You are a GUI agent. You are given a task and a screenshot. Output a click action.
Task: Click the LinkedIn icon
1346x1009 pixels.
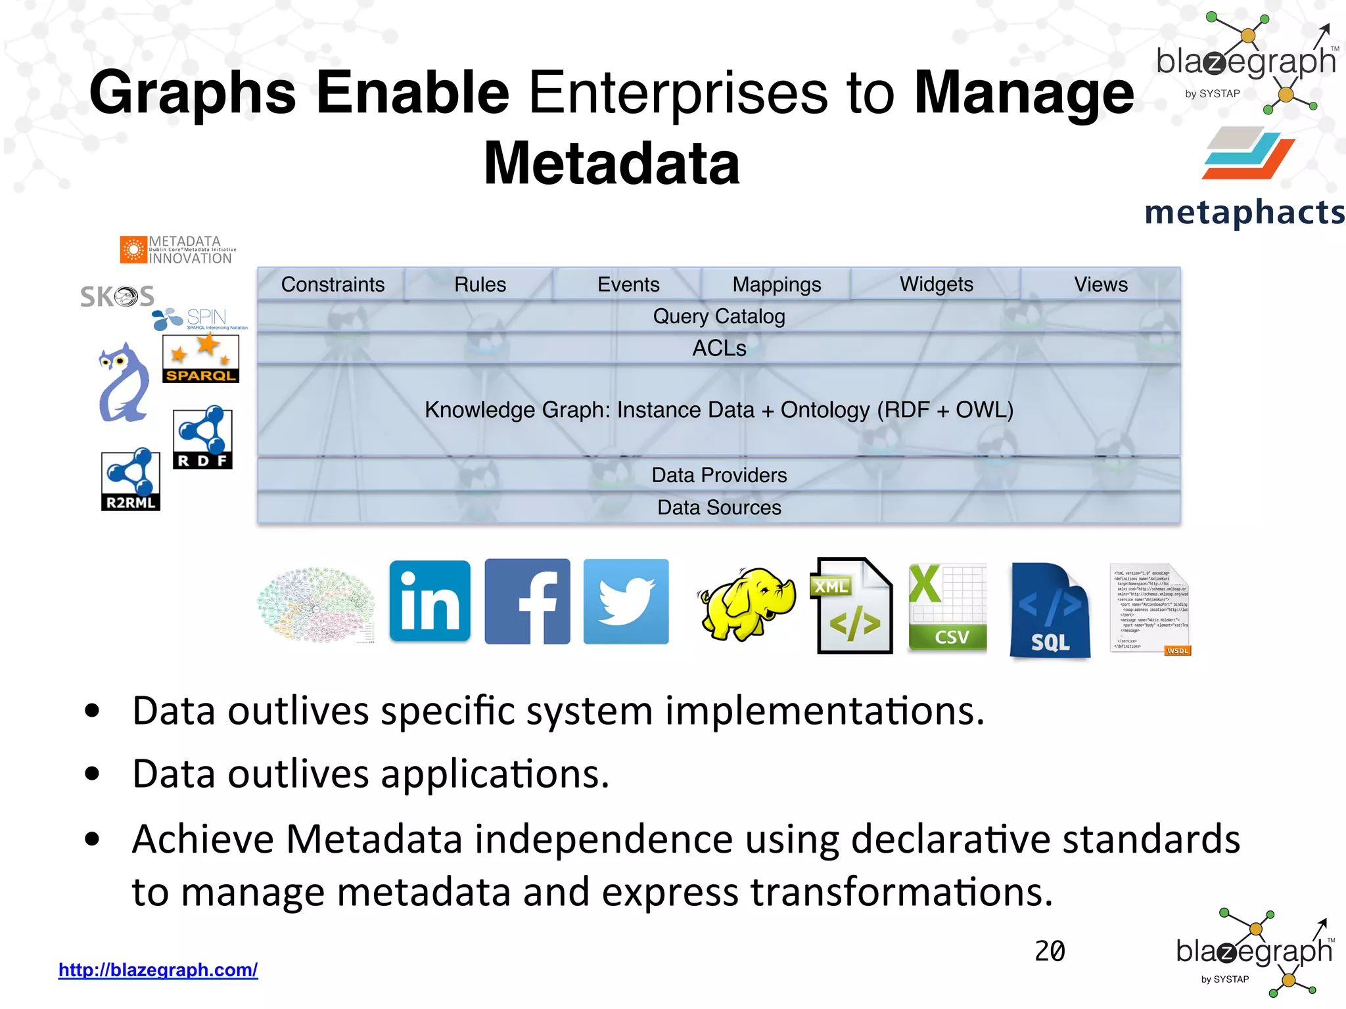click(x=430, y=601)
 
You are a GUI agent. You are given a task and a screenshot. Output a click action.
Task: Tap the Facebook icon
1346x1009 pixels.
click(x=527, y=601)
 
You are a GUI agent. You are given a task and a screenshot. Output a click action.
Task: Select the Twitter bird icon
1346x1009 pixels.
click(x=626, y=601)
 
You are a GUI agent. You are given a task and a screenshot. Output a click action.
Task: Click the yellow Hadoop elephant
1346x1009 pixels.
click(x=747, y=603)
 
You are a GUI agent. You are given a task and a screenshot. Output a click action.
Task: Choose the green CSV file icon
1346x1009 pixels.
click(x=947, y=608)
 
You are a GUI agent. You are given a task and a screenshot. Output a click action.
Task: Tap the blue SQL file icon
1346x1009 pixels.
click(x=1050, y=610)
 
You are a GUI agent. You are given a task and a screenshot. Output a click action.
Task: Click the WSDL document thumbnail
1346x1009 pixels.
click(x=1150, y=609)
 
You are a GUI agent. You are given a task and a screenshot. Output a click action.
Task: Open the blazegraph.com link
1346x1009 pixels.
click(x=158, y=970)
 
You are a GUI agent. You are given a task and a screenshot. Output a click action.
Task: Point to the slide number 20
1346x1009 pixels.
click(x=1050, y=951)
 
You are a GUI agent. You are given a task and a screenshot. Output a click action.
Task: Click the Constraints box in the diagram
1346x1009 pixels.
click(x=333, y=284)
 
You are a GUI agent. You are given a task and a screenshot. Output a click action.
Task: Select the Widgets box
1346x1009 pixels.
click(x=936, y=284)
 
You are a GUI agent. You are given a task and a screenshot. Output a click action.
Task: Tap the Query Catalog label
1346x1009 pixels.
click(x=719, y=317)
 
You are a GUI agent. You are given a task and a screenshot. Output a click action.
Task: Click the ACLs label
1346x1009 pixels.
click(x=719, y=348)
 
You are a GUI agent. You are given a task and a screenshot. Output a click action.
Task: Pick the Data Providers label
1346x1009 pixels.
click(x=719, y=475)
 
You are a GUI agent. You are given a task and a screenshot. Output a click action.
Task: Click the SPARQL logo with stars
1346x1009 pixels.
click(x=200, y=359)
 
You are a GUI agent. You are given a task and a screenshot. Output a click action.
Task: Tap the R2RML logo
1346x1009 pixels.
click(x=131, y=480)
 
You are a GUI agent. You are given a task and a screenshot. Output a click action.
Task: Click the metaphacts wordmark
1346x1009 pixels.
click(x=1244, y=212)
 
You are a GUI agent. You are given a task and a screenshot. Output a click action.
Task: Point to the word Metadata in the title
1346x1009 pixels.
click(x=612, y=164)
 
